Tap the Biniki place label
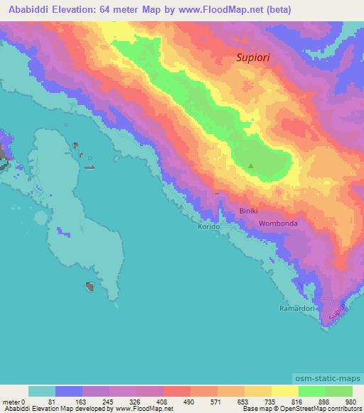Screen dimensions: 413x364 pos(249,211)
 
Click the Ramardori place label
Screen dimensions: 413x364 pos(295,309)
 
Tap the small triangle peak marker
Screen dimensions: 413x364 pos(250,167)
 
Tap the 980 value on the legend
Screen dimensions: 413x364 pos(350,402)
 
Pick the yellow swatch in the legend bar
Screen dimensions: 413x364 pos(284,391)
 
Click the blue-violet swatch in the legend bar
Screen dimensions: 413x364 pos(69,391)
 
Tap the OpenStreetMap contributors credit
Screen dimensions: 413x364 pos(322,409)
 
